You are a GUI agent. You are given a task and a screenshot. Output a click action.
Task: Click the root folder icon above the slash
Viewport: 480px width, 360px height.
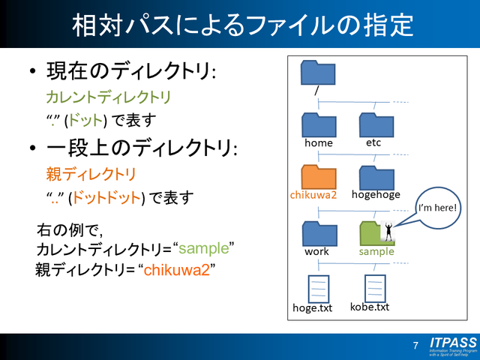click(318, 73)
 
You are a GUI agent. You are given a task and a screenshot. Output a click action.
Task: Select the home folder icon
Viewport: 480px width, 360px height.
click(318, 124)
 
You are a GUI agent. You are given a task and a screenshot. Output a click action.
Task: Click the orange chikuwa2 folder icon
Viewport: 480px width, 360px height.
click(318, 177)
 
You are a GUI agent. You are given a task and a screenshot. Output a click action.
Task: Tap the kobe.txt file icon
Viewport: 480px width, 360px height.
click(374, 288)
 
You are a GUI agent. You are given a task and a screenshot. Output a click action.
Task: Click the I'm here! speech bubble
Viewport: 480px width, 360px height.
click(437, 206)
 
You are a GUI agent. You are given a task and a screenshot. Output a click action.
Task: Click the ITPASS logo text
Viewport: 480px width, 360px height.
click(452, 342)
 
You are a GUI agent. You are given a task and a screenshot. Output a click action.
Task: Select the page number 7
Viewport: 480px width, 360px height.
click(415, 346)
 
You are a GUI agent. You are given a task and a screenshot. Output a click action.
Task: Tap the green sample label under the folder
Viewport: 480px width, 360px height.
click(376, 251)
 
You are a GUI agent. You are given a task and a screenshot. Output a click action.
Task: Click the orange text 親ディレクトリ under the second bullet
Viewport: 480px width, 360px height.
click(90, 175)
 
